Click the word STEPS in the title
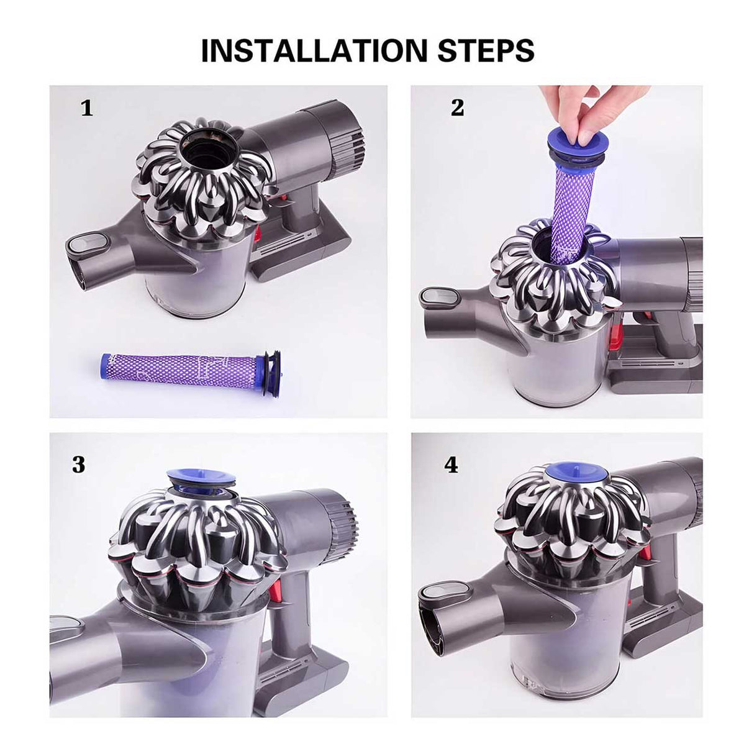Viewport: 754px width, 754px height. (486, 50)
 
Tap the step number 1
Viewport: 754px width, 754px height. (87, 109)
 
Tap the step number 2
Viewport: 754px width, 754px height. (457, 108)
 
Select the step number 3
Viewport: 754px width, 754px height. (78, 464)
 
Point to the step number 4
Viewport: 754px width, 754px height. (452, 464)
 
